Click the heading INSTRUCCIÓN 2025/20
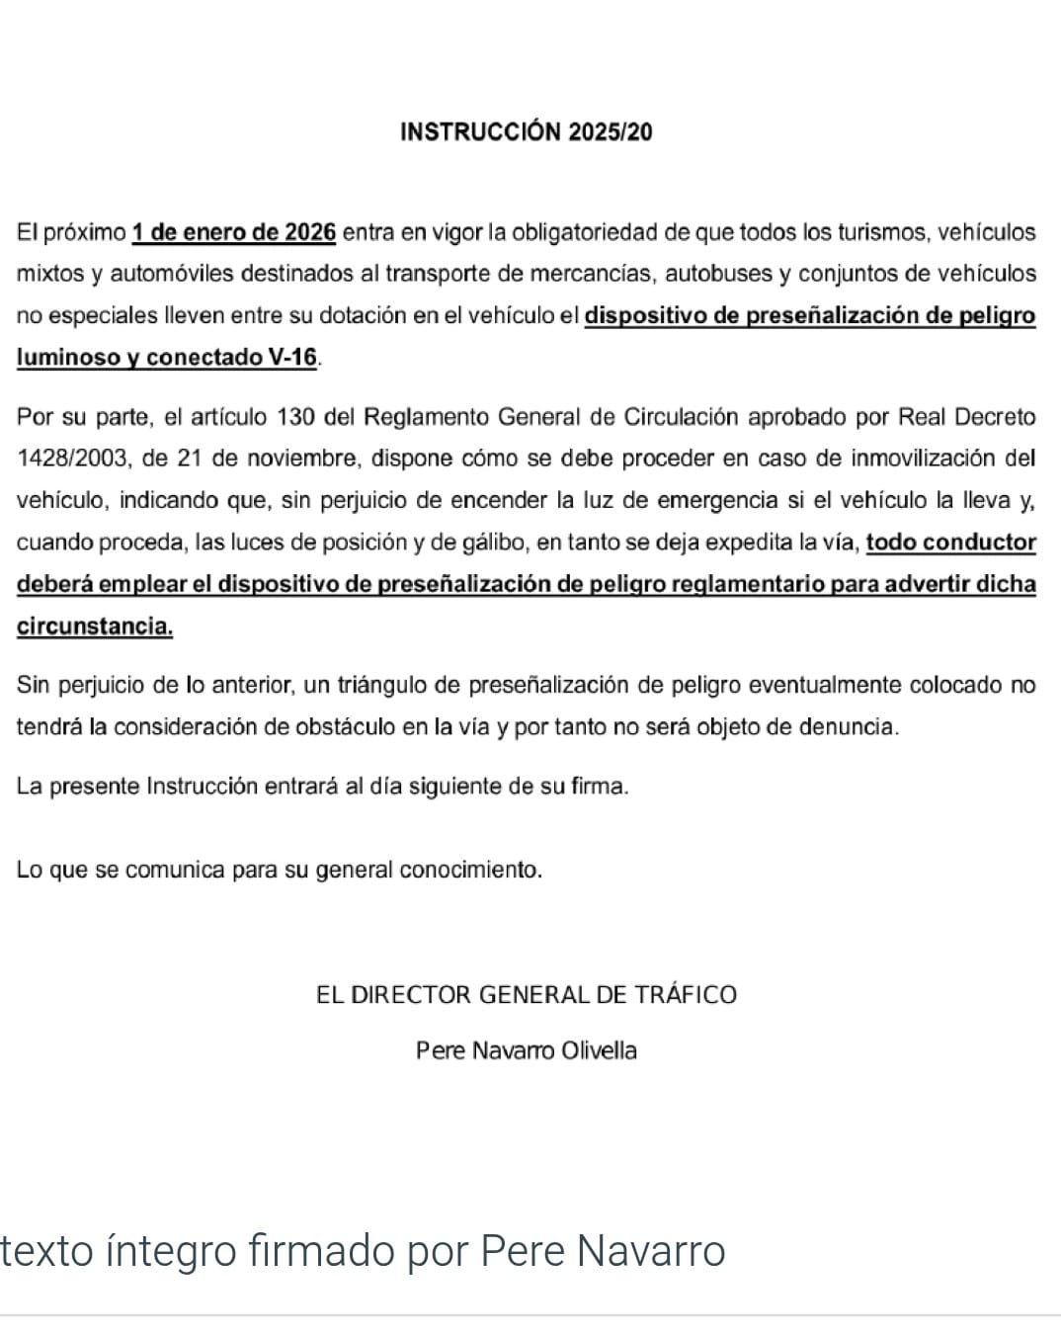point(526,132)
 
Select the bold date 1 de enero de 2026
point(234,233)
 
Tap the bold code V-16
point(293,358)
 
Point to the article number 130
point(295,417)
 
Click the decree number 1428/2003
point(73,459)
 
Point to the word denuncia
point(853,727)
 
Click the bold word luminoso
point(68,358)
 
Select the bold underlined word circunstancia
point(95,627)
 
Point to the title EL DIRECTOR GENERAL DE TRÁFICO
point(526,995)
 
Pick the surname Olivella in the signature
point(599,1050)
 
